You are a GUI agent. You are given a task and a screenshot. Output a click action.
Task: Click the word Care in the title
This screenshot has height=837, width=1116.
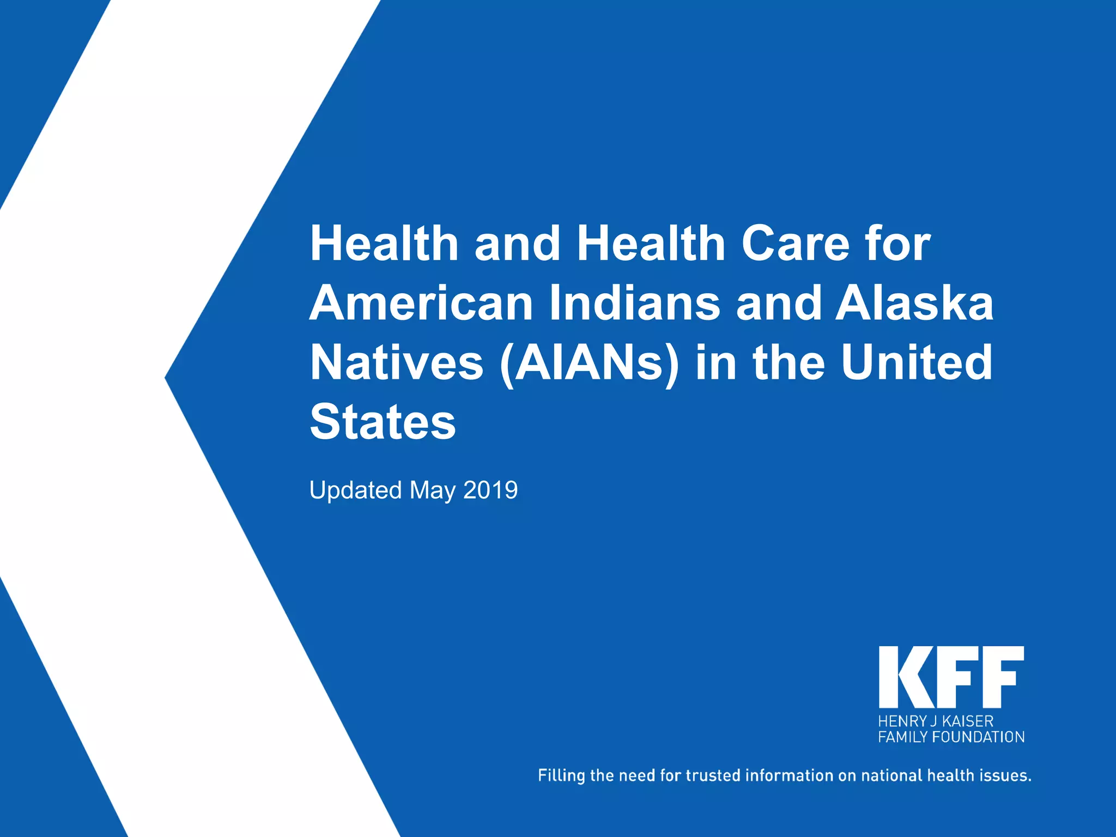[x=795, y=244]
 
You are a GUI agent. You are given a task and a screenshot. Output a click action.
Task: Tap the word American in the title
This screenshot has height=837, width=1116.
[x=421, y=304]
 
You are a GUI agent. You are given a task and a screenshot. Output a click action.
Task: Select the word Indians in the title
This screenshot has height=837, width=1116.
[x=634, y=304]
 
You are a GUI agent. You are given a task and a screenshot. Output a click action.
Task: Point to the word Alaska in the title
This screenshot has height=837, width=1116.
[x=915, y=304]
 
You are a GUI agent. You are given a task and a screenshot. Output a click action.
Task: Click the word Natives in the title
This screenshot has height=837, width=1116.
[x=397, y=363]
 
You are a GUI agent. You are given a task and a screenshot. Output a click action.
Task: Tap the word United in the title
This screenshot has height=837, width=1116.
[x=917, y=363]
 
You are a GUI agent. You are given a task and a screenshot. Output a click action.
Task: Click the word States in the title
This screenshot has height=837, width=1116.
[x=383, y=422]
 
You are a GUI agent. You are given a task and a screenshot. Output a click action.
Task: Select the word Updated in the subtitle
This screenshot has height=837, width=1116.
[x=355, y=490]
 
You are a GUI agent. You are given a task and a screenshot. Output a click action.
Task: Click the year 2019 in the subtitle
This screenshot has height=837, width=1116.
[x=490, y=490]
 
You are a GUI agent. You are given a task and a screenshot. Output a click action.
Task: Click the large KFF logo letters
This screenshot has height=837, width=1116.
[x=951, y=677]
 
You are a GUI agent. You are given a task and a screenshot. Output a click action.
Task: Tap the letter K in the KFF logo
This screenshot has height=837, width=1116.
[x=901, y=677]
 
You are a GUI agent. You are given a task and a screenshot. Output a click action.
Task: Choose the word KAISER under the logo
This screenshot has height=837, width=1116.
[x=968, y=721]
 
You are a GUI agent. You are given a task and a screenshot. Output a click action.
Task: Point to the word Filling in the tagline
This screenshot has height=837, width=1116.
[x=561, y=775]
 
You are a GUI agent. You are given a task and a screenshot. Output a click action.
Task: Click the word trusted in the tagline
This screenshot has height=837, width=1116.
[x=713, y=775]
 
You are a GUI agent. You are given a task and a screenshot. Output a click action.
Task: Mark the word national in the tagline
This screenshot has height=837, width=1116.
[x=891, y=775]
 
